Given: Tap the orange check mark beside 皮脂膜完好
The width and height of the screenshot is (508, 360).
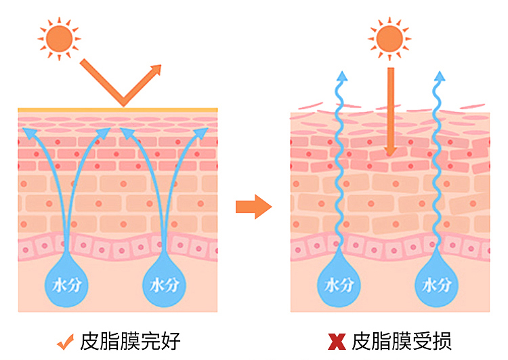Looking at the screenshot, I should click(x=64, y=342).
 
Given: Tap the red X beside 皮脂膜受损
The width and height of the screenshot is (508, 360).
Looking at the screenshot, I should click(x=335, y=342).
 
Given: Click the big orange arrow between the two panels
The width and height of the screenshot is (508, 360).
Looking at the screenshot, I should click(x=253, y=206).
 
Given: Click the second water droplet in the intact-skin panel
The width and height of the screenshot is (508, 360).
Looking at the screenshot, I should click(x=163, y=281).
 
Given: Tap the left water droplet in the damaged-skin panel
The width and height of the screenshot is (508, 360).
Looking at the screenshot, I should click(x=338, y=281).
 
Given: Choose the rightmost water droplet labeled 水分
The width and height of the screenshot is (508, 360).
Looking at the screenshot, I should click(x=435, y=281).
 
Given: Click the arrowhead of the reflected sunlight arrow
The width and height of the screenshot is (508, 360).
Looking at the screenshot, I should click(x=156, y=69).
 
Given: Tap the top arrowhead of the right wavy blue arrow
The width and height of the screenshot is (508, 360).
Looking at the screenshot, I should click(x=440, y=75).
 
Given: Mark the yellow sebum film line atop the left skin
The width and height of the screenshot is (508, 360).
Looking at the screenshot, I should click(x=118, y=109).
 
